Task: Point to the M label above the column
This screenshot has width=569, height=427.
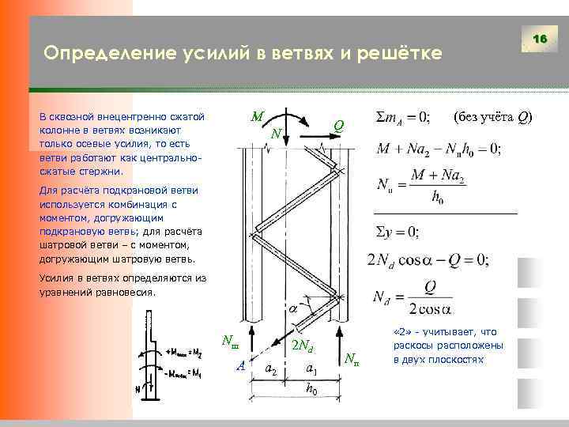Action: point(257,115)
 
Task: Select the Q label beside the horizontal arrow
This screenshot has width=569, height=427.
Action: point(337,125)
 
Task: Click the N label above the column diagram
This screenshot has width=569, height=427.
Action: point(276,133)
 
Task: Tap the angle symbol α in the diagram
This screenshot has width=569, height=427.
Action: point(293,308)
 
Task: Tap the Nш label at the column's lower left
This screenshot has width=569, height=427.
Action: point(228,342)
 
